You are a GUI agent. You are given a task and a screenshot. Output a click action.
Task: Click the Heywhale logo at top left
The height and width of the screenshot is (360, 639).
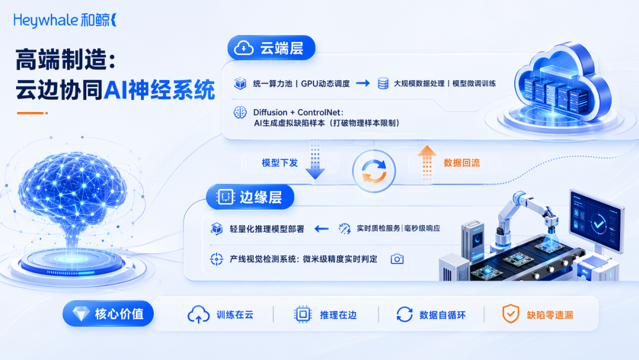(x=65, y=20)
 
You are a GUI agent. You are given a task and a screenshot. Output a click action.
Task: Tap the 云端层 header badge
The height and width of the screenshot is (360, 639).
(x=272, y=48)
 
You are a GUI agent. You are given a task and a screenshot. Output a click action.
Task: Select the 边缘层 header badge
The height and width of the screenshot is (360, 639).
(x=250, y=197)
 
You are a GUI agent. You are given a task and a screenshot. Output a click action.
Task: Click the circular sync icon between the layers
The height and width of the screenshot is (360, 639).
(x=374, y=171)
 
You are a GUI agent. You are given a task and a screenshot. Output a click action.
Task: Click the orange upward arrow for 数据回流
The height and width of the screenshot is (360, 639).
(x=427, y=163)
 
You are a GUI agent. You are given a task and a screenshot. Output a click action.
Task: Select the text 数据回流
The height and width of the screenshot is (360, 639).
(x=461, y=163)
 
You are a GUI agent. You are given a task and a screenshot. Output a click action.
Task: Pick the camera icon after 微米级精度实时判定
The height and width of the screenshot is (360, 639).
(x=397, y=259)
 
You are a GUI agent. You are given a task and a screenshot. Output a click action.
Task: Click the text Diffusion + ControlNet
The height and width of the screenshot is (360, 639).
(x=298, y=112)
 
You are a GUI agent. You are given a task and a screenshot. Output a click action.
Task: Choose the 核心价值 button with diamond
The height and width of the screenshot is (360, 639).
(x=108, y=314)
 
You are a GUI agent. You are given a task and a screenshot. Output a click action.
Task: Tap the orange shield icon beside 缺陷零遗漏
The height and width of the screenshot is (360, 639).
(x=510, y=314)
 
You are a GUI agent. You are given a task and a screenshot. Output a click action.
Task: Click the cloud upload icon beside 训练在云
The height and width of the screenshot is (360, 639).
(x=198, y=315)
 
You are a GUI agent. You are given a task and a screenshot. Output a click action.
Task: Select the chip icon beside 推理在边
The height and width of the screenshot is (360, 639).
(x=303, y=315)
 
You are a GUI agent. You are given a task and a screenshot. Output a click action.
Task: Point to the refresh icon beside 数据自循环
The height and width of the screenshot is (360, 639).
(x=404, y=315)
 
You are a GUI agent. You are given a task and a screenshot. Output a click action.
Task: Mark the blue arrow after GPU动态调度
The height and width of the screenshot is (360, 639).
(x=363, y=83)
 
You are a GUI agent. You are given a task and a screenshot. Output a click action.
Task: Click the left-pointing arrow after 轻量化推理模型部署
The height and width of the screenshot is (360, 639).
(x=321, y=229)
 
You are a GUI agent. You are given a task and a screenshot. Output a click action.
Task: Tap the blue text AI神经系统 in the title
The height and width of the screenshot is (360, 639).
(x=159, y=89)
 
